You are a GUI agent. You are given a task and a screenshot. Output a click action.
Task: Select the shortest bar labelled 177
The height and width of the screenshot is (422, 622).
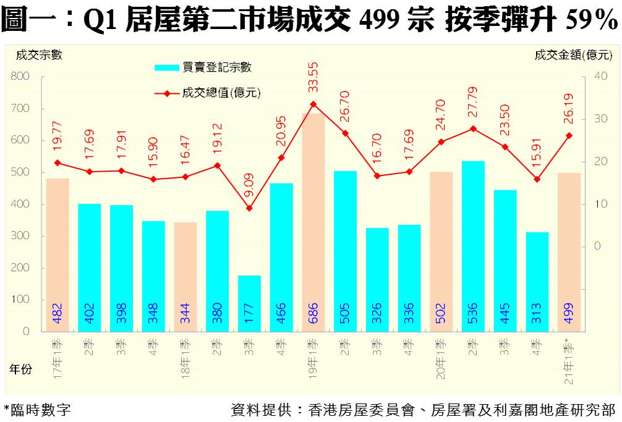click(x=249, y=303)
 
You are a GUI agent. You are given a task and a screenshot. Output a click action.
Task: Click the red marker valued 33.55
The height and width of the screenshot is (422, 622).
click(x=313, y=104)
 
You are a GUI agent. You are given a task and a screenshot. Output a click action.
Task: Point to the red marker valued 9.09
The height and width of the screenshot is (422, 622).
click(x=249, y=208)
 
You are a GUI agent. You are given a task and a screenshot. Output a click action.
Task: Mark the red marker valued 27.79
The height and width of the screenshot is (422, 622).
click(x=473, y=129)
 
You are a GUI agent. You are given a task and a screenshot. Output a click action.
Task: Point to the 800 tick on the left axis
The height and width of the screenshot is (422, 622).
click(x=21, y=77)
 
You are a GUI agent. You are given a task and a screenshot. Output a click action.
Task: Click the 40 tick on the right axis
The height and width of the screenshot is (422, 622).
click(x=599, y=76)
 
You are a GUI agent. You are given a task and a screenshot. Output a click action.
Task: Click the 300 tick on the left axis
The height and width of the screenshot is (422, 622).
click(x=21, y=236)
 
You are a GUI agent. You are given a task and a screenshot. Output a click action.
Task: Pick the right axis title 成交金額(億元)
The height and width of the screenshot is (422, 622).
click(x=574, y=55)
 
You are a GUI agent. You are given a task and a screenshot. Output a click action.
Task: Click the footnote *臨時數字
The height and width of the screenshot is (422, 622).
click(x=37, y=409)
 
